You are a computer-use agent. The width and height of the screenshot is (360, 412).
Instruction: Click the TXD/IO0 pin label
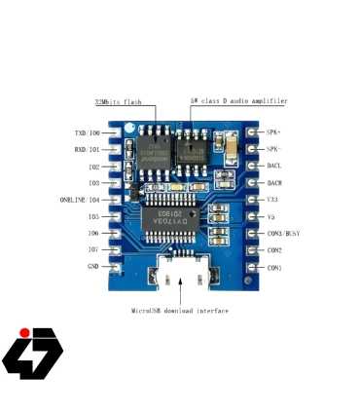tap(87, 132)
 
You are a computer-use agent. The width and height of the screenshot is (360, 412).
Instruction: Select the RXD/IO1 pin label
tap(87, 149)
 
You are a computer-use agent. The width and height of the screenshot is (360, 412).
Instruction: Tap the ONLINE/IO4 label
tap(79, 200)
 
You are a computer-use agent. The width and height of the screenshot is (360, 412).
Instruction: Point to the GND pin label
tap(92, 266)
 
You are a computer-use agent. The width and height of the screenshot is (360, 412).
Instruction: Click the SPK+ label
tap(274, 132)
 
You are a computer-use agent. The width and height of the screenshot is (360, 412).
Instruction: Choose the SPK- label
tap(274, 149)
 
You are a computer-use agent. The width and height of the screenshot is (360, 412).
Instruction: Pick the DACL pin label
tap(275, 166)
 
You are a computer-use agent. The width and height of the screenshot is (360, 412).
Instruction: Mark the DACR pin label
tap(275, 182)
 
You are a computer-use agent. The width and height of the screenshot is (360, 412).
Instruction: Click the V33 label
tap(273, 199)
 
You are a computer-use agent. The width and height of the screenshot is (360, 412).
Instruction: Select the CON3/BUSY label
tap(283, 234)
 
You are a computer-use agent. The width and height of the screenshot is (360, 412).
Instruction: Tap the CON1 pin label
tap(275, 267)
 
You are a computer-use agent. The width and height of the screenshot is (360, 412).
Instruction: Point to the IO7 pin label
tap(92, 249)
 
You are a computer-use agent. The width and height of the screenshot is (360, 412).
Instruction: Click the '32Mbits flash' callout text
tap(118, 101)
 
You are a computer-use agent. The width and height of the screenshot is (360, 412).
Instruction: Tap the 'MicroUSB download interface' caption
tap(180, 311)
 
